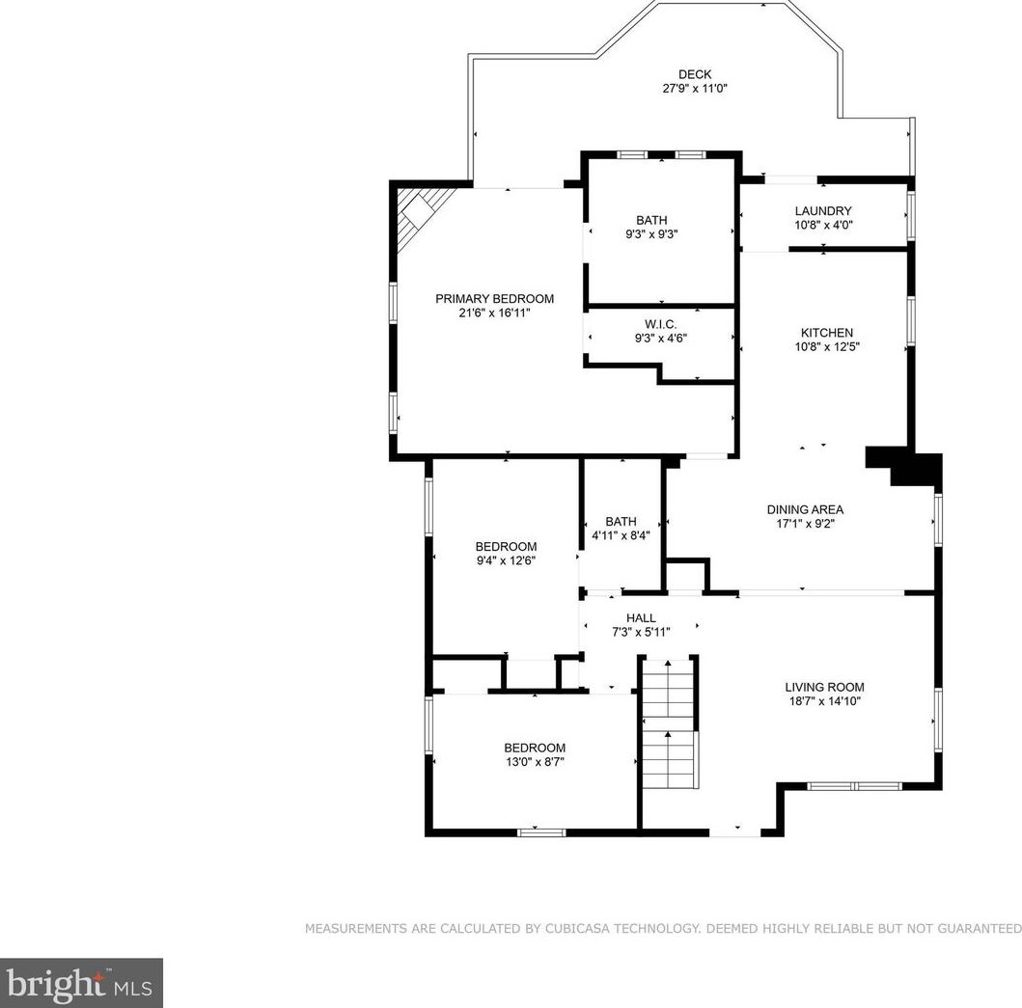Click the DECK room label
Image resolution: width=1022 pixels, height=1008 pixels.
[695, 74]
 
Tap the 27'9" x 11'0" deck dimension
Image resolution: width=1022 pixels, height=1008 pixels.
[695, 89]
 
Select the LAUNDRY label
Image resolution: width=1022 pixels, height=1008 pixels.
[823, 211]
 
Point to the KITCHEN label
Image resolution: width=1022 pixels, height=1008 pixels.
[827, 333]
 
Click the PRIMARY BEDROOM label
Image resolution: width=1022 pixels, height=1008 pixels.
[495, 298]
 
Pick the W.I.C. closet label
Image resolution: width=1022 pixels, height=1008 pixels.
[661, 324]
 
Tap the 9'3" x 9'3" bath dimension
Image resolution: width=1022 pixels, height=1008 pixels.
[651, 234]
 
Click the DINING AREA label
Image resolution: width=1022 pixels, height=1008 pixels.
[806, 509]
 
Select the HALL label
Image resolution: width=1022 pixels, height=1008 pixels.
[642, 617]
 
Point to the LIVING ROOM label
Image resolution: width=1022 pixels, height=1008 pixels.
[824, 687]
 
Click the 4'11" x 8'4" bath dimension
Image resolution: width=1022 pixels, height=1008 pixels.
[621, 535]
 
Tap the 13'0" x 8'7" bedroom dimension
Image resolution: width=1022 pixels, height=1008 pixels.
[535, 762]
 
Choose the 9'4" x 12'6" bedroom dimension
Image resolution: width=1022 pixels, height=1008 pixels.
[506, 560]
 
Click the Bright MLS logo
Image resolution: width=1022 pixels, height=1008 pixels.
[81, 983]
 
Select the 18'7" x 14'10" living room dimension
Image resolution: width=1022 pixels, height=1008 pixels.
[824, 702]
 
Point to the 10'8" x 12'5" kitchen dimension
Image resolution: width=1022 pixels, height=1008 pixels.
[827, 347]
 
